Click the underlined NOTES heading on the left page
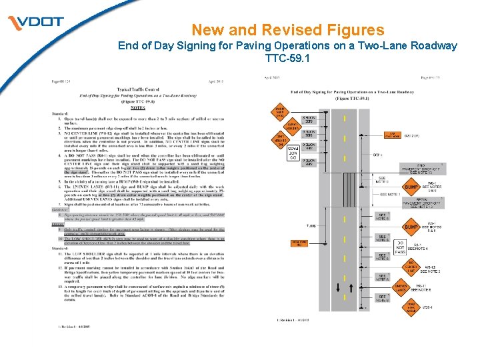click(x=138, y=107)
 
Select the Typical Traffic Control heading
click(x=138, y=88)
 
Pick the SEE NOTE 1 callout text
click(x=390, y=193)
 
